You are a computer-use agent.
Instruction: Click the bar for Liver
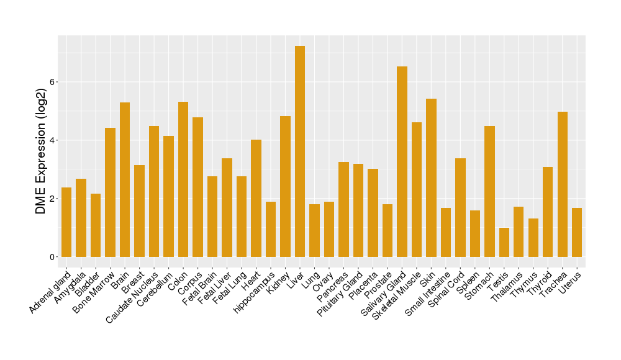(x=300, y=151)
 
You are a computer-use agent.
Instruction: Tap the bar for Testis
(x=504, y=242)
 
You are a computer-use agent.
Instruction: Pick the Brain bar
(x=125, y=179)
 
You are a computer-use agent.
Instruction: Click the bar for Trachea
(x=563, y=184)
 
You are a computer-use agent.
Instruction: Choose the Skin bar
(x=431, y=178)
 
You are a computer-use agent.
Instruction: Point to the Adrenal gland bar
(x=66, y=222)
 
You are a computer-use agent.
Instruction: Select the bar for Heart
(x=256, y=198)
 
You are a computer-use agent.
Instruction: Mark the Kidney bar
(x=285, y=186)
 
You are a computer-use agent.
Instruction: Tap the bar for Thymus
(x=533, y=238)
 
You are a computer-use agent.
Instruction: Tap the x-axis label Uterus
(x=570, y=282)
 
